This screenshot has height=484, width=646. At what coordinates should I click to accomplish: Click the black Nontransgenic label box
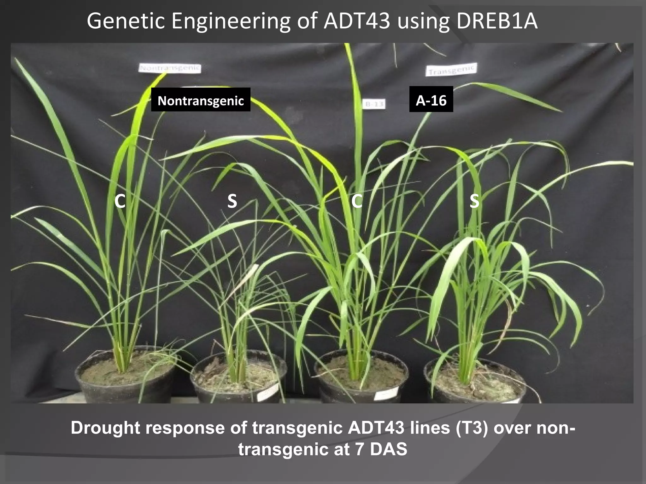[201, 100]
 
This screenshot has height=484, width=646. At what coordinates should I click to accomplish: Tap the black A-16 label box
[431, 99]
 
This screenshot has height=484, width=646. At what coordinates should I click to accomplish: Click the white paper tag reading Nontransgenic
[170, 68]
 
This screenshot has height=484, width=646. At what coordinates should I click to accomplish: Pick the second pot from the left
[238, 383]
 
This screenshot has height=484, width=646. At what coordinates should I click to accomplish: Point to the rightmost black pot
[475, 386]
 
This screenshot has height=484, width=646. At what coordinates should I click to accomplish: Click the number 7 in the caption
[360, 449]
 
